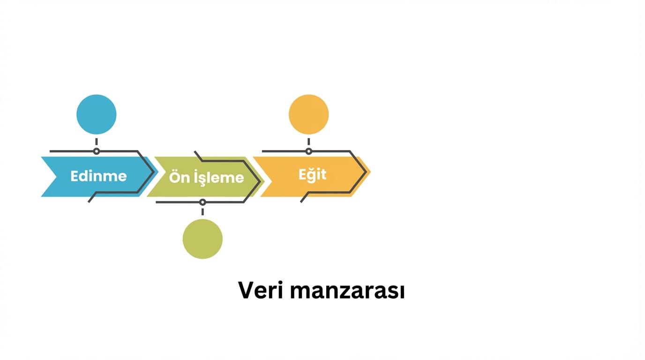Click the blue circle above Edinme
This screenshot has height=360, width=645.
97,114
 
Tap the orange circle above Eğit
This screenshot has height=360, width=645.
308,114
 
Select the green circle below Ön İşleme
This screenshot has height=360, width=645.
202,239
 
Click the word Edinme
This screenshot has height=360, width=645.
98,176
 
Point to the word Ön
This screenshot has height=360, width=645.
178,178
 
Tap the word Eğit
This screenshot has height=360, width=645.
312,175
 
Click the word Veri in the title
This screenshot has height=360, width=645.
261,291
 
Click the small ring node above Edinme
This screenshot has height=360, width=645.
97,151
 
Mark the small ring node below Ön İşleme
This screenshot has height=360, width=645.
202,202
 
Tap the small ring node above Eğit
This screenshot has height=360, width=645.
308,151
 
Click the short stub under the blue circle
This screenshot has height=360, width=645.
97,142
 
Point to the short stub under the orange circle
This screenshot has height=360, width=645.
308,142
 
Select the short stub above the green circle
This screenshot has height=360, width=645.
202,212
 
